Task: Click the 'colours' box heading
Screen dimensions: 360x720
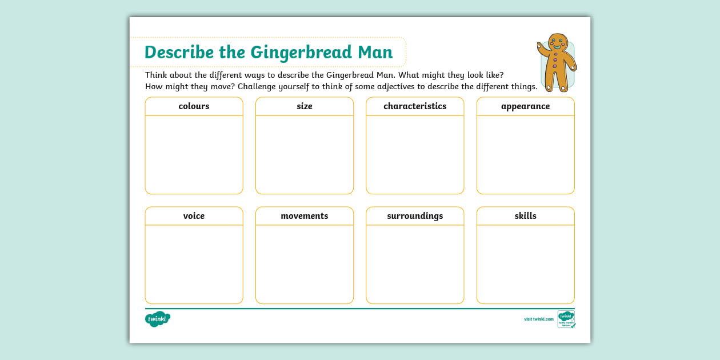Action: tap(194, 106)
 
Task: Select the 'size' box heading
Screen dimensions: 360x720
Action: tap(305, 106)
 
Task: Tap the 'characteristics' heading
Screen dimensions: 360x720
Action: tap(415, 106)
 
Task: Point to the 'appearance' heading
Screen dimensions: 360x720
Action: tap(525, 106)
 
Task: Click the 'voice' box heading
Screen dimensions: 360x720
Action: tap(194, 216)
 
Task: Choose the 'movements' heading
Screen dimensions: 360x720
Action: tap(305, 216)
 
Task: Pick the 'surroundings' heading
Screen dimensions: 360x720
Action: tap(415, 216)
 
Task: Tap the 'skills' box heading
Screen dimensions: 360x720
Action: tap(525, 216)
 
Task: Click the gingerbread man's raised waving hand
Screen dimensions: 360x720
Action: tap(541, 47)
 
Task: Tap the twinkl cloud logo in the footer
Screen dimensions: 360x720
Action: tap(158, 319)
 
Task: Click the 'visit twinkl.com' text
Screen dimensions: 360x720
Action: tap(539, 319)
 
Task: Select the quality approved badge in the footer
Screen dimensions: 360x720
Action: tap(566, 319)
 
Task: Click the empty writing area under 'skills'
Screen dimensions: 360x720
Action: tap(525, 264)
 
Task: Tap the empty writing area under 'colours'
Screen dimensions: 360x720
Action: tap(194, 154)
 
